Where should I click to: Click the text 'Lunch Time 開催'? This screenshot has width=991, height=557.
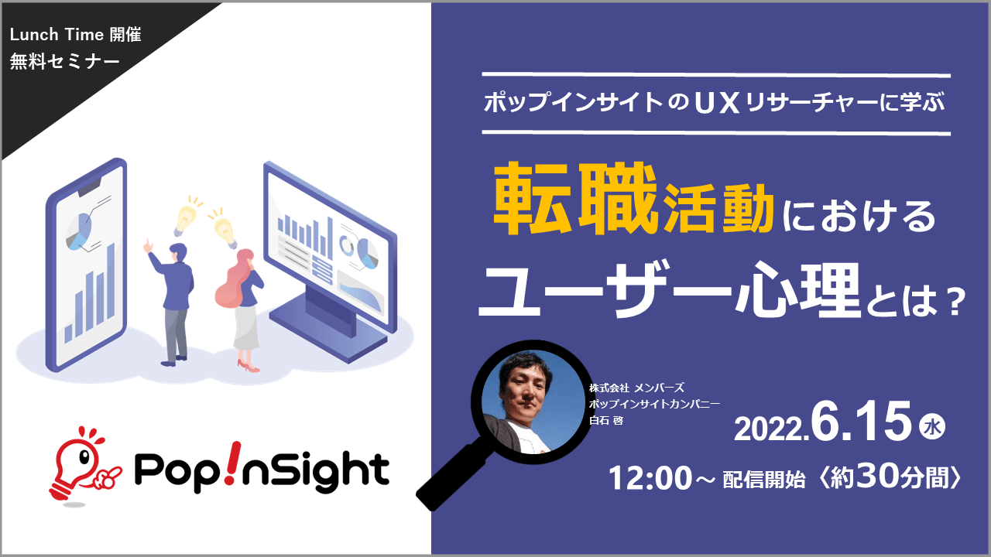76,35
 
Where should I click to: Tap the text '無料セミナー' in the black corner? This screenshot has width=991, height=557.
64,61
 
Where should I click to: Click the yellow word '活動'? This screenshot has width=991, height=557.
718,208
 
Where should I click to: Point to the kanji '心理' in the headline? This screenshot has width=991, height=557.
797,289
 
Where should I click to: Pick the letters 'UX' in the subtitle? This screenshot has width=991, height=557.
718,103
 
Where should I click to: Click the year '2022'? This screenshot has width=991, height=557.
770,429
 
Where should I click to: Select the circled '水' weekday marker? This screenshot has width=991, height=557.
932,427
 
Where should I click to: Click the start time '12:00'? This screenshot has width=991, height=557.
650,478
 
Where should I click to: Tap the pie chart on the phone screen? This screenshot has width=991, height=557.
79,231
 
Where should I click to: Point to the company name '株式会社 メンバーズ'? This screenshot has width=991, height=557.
636,388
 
